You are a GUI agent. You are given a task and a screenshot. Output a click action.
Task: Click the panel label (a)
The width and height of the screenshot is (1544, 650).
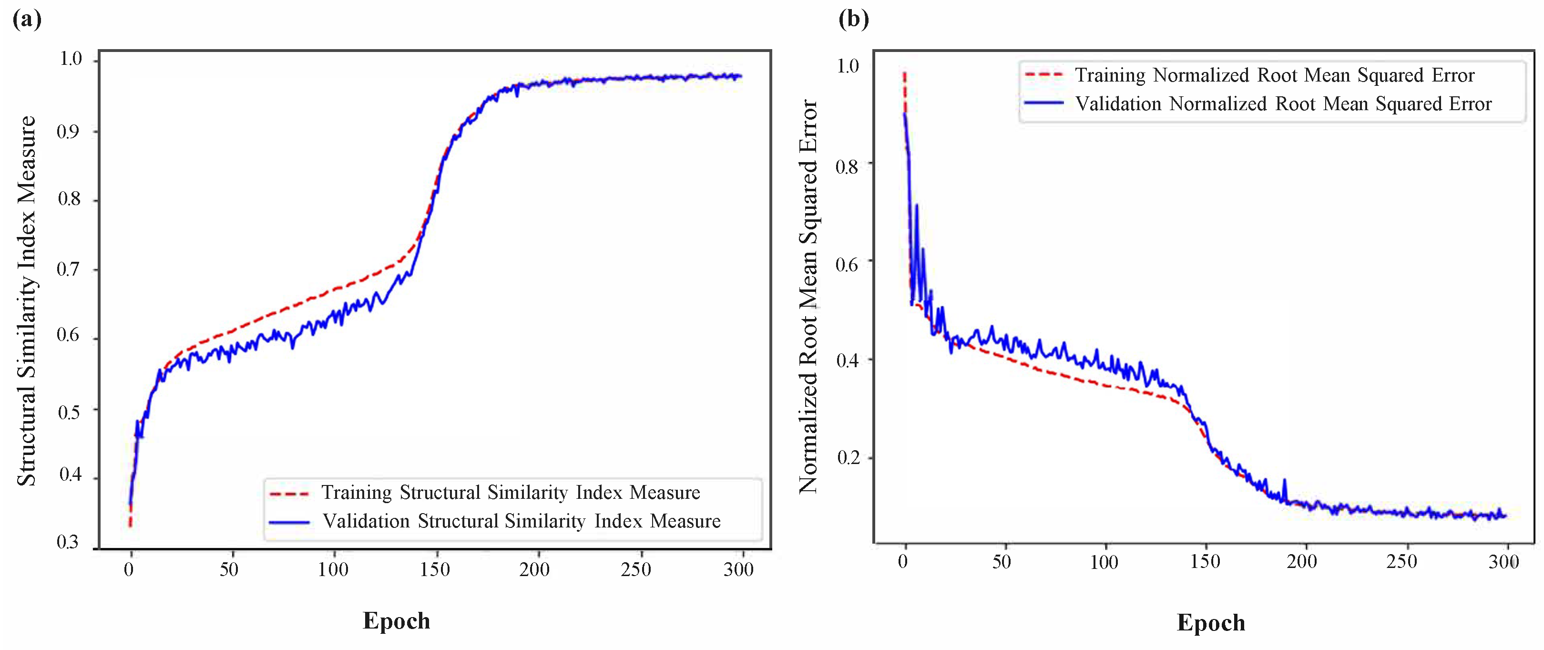tap(27, 19)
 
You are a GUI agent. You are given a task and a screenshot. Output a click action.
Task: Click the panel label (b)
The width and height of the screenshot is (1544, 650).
tap(854, 19)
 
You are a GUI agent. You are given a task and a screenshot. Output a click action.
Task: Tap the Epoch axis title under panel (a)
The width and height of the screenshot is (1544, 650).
tap(396, 620)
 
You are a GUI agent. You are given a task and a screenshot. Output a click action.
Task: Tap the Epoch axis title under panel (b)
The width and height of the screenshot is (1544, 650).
tap(1211, 622)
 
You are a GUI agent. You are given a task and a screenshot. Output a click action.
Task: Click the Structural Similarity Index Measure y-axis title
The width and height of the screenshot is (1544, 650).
tap(26, 301)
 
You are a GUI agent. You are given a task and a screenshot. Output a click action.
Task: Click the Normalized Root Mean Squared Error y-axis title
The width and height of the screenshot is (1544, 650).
tap(808, 297)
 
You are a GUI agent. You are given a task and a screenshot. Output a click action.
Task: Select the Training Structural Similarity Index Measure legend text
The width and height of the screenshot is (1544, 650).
tap(511, 492)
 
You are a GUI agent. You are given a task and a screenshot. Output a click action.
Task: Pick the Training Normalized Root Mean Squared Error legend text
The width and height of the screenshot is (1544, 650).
tap(1274, 75)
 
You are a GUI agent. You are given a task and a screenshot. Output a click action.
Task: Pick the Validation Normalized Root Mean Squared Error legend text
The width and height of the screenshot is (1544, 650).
tap(1283, 104)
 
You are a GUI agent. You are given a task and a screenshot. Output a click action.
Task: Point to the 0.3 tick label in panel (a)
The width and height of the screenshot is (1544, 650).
tap(68, 542)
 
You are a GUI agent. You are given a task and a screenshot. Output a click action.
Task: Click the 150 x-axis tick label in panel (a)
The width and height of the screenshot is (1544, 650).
tap(435, 569)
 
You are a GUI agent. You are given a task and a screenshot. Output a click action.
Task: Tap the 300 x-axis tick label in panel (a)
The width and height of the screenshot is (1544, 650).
tap(738, 569)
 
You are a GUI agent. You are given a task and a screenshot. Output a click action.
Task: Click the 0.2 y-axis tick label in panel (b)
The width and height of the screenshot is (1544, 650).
tap(848, 457)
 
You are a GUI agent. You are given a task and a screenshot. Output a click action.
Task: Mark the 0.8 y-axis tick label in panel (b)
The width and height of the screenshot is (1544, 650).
tap(848, 166)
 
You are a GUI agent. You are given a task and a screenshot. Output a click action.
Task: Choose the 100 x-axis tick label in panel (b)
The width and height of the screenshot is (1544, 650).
tap(1104, 562)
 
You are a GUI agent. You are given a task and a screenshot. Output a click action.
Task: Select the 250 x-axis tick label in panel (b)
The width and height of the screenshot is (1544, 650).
tap(1401, 562)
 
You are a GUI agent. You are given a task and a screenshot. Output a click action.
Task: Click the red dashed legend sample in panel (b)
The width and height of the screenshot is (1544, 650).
tap(1044, 75)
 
